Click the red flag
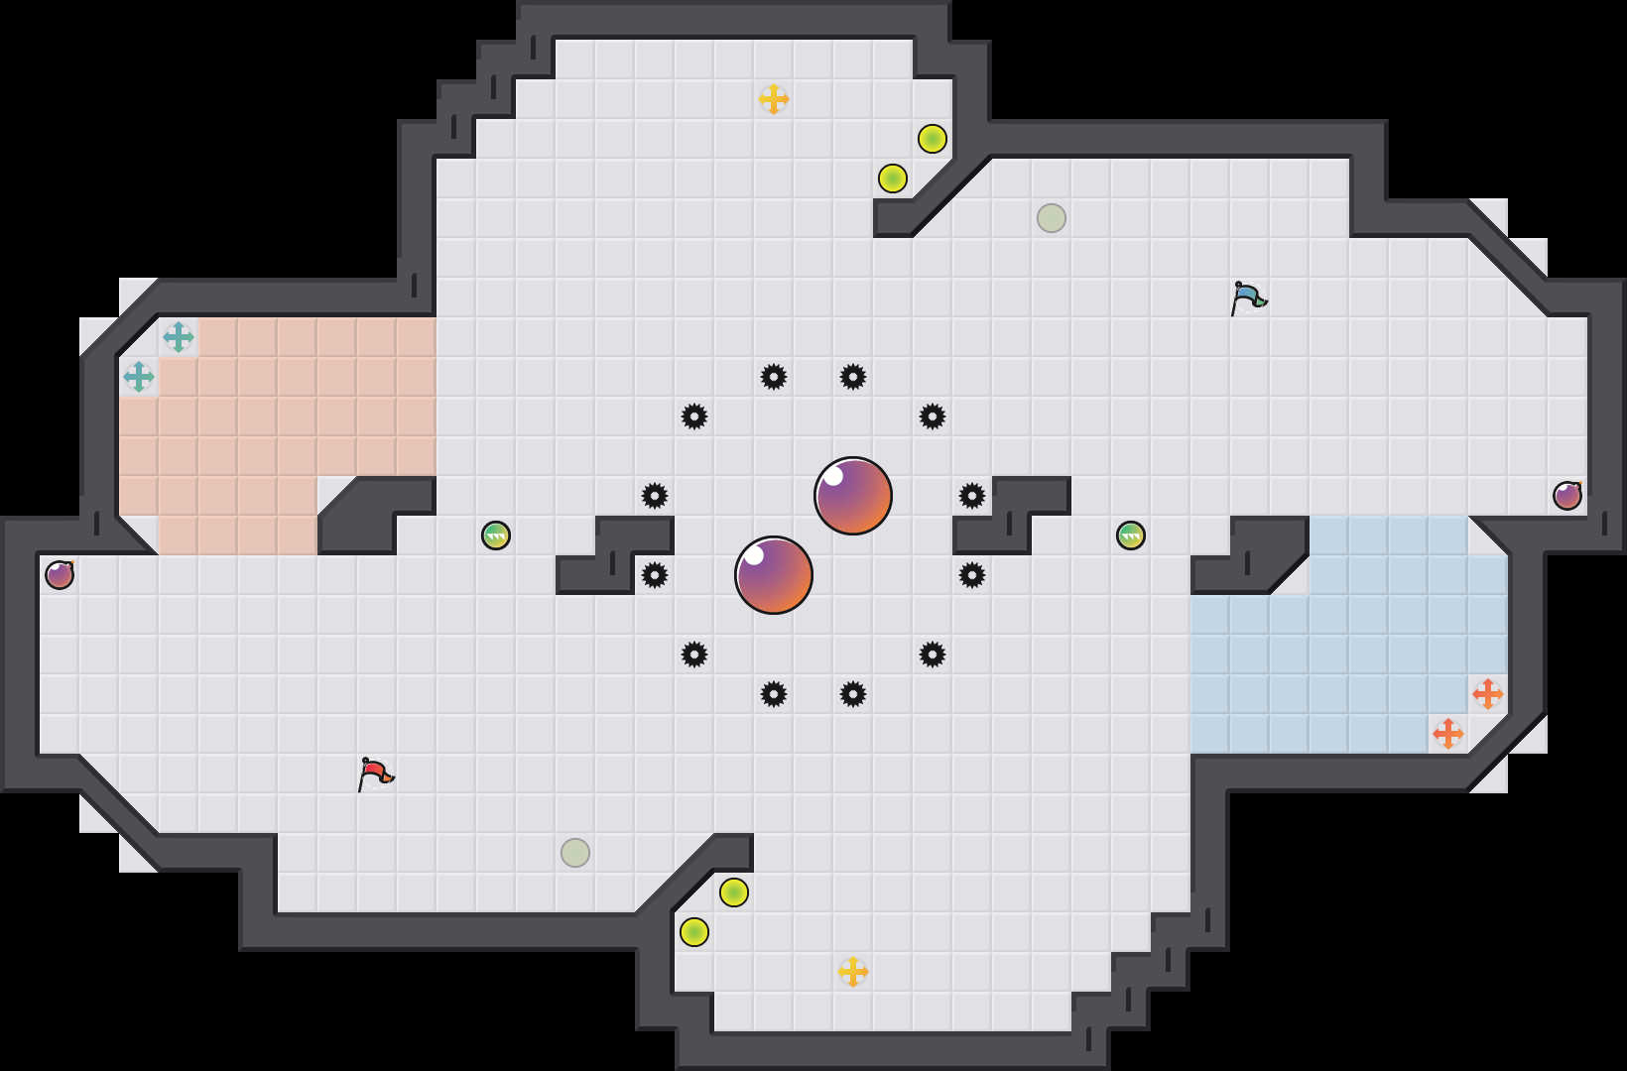[375, 773]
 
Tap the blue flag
[1248, 297]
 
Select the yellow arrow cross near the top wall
[774, 99]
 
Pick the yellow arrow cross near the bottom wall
[853, 972]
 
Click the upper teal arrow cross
[179, 337]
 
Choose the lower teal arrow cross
[139, 377]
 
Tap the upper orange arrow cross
[1488, 694]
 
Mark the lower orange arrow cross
[1448, 734]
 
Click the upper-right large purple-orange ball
[853, 496]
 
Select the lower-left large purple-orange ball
[774, 575]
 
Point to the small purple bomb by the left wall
[60, 575]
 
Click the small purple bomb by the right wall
[1567, 496]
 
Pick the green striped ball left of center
[496, 535]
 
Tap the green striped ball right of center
[1131, 535]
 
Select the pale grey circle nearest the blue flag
[1052, 218]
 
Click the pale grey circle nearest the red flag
[575, 853]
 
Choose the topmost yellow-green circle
[933, 139]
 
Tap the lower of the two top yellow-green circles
[893, 178]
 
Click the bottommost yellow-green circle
[694, 932]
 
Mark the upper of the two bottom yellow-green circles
[734, 892]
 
